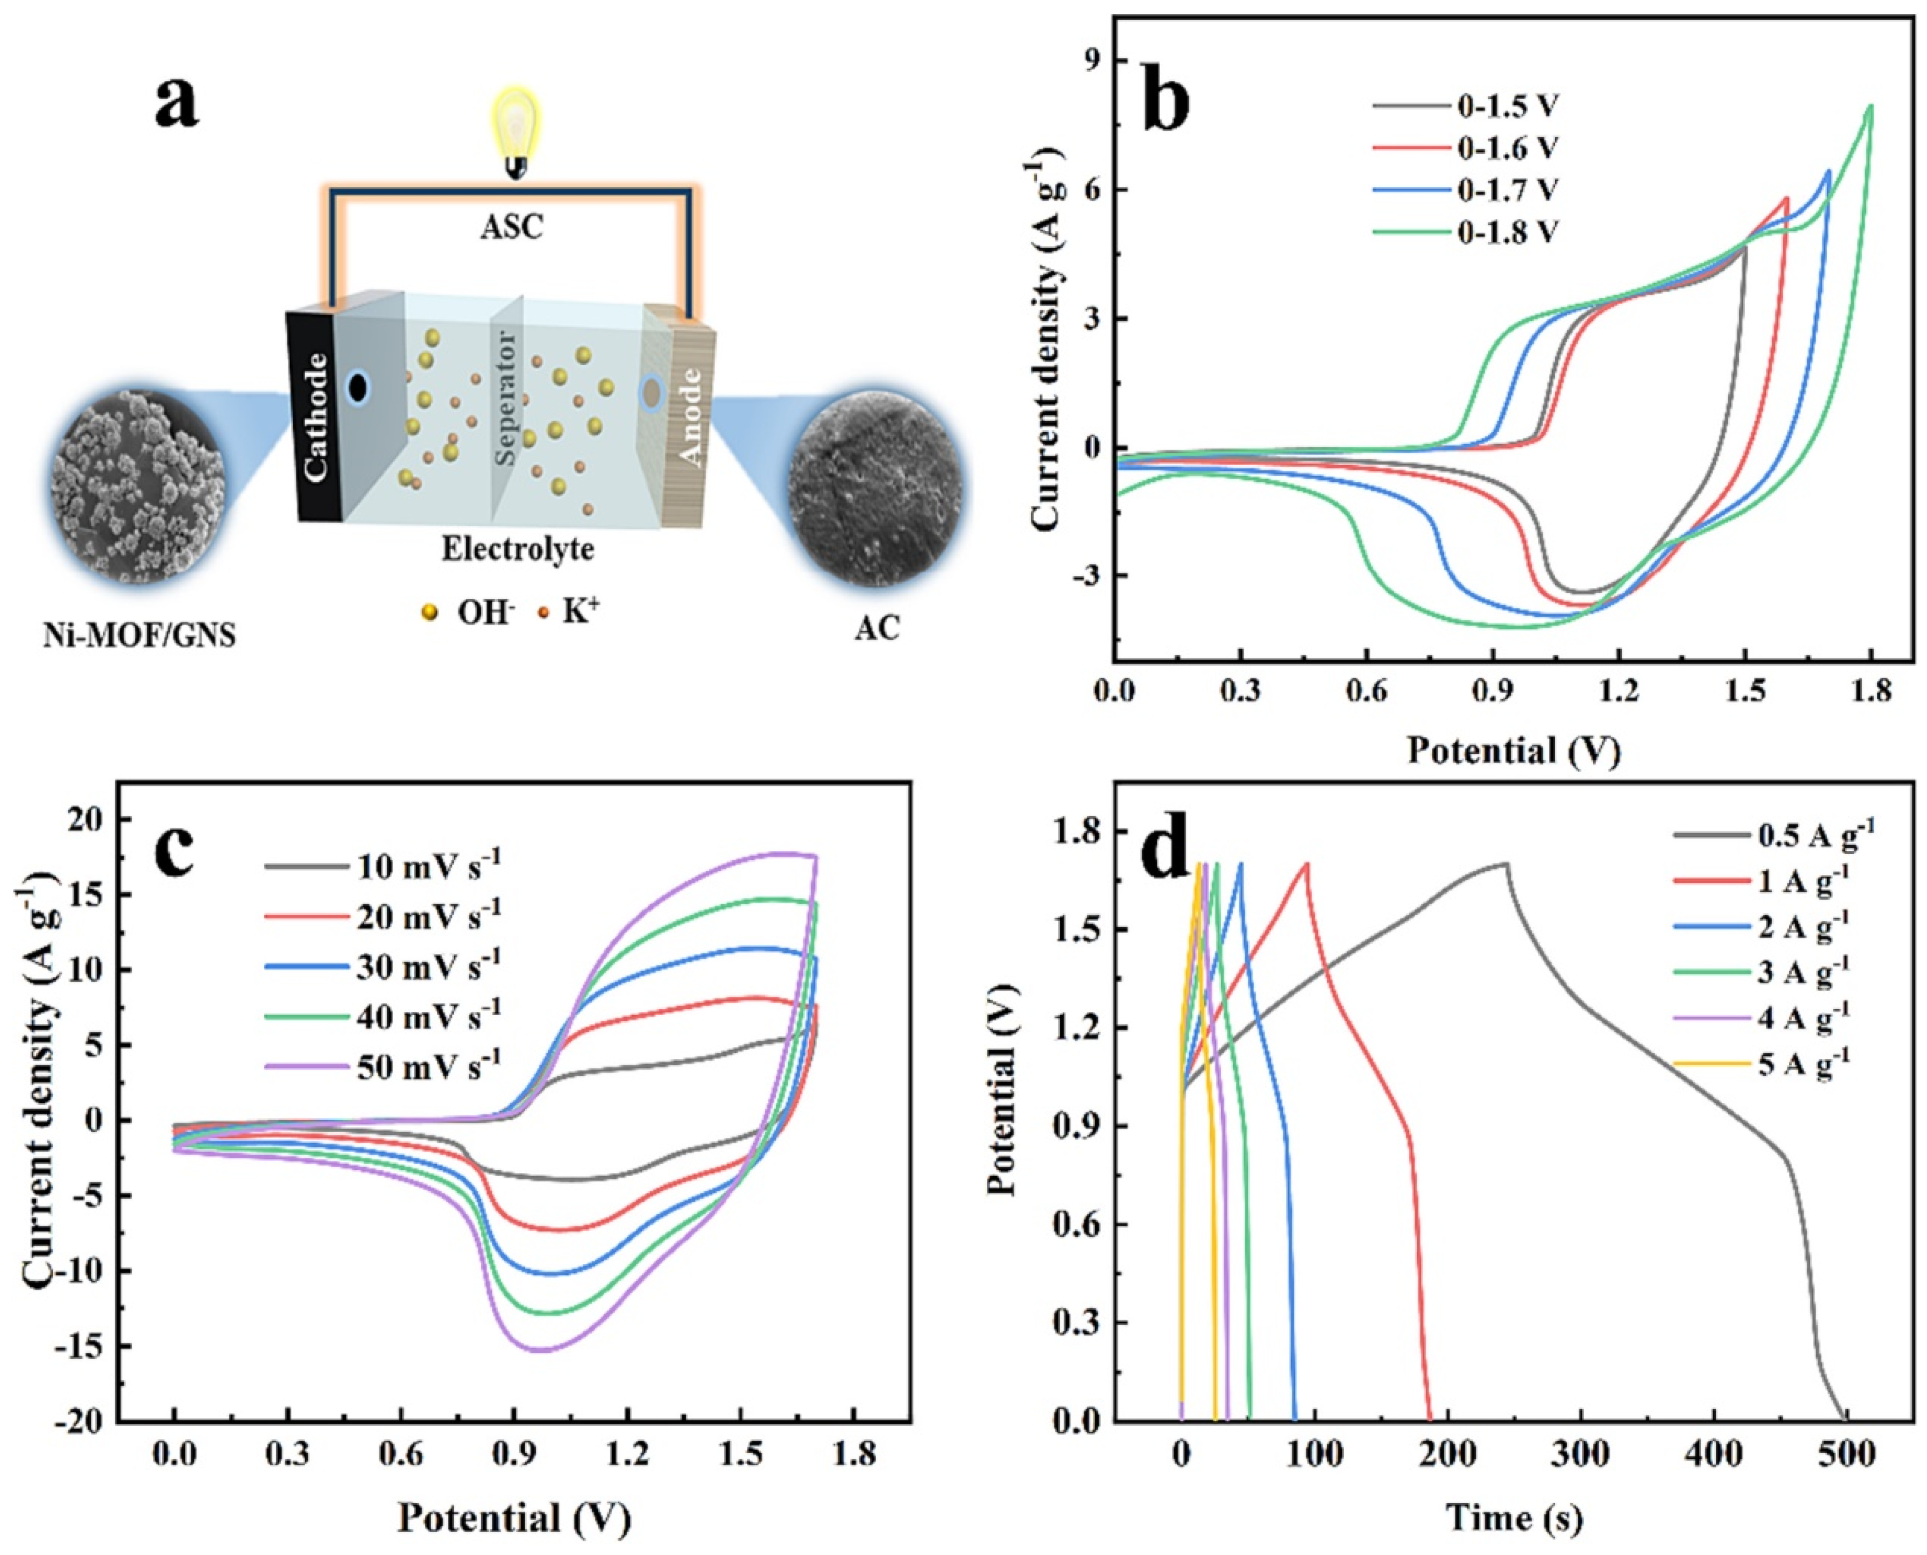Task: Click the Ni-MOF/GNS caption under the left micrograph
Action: [139, 636]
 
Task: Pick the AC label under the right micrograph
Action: [875, 629]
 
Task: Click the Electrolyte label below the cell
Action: [517, 548]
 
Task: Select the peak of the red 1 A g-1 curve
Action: [1307, 864]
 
